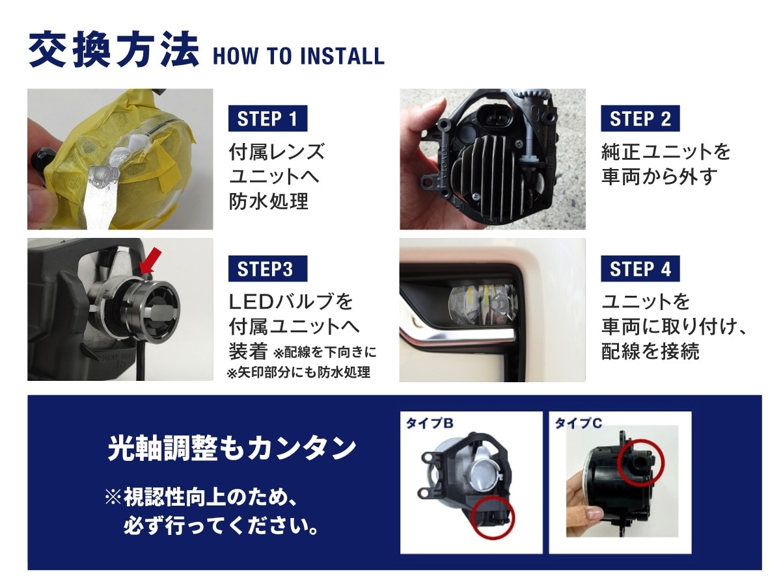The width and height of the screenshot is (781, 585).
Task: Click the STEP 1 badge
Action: tap(267, 118)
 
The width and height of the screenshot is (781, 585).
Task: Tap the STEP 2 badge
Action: tap(640, 118)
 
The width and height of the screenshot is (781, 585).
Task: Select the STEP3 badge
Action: tap(267, 268)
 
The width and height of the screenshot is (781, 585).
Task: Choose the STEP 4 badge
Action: tap(640, 268)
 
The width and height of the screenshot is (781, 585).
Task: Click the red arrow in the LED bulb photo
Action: tap(150, 261)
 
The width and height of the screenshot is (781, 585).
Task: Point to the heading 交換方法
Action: tap(113, 50)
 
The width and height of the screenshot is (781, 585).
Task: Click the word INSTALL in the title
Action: tap(342, 56)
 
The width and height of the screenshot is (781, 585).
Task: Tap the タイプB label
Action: tap(429, 422)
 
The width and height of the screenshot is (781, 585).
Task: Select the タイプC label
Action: tap(578, 422)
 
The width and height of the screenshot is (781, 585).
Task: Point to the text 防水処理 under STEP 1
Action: tap(268, 201)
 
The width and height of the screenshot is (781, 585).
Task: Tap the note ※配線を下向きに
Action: tap(325, 352)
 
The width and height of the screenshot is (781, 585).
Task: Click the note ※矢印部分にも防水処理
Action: tap(299, 372)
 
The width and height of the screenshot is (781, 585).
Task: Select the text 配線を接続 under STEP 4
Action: tap(650, 351)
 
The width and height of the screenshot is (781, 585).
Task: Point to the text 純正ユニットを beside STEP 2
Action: tap(666, 151)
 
